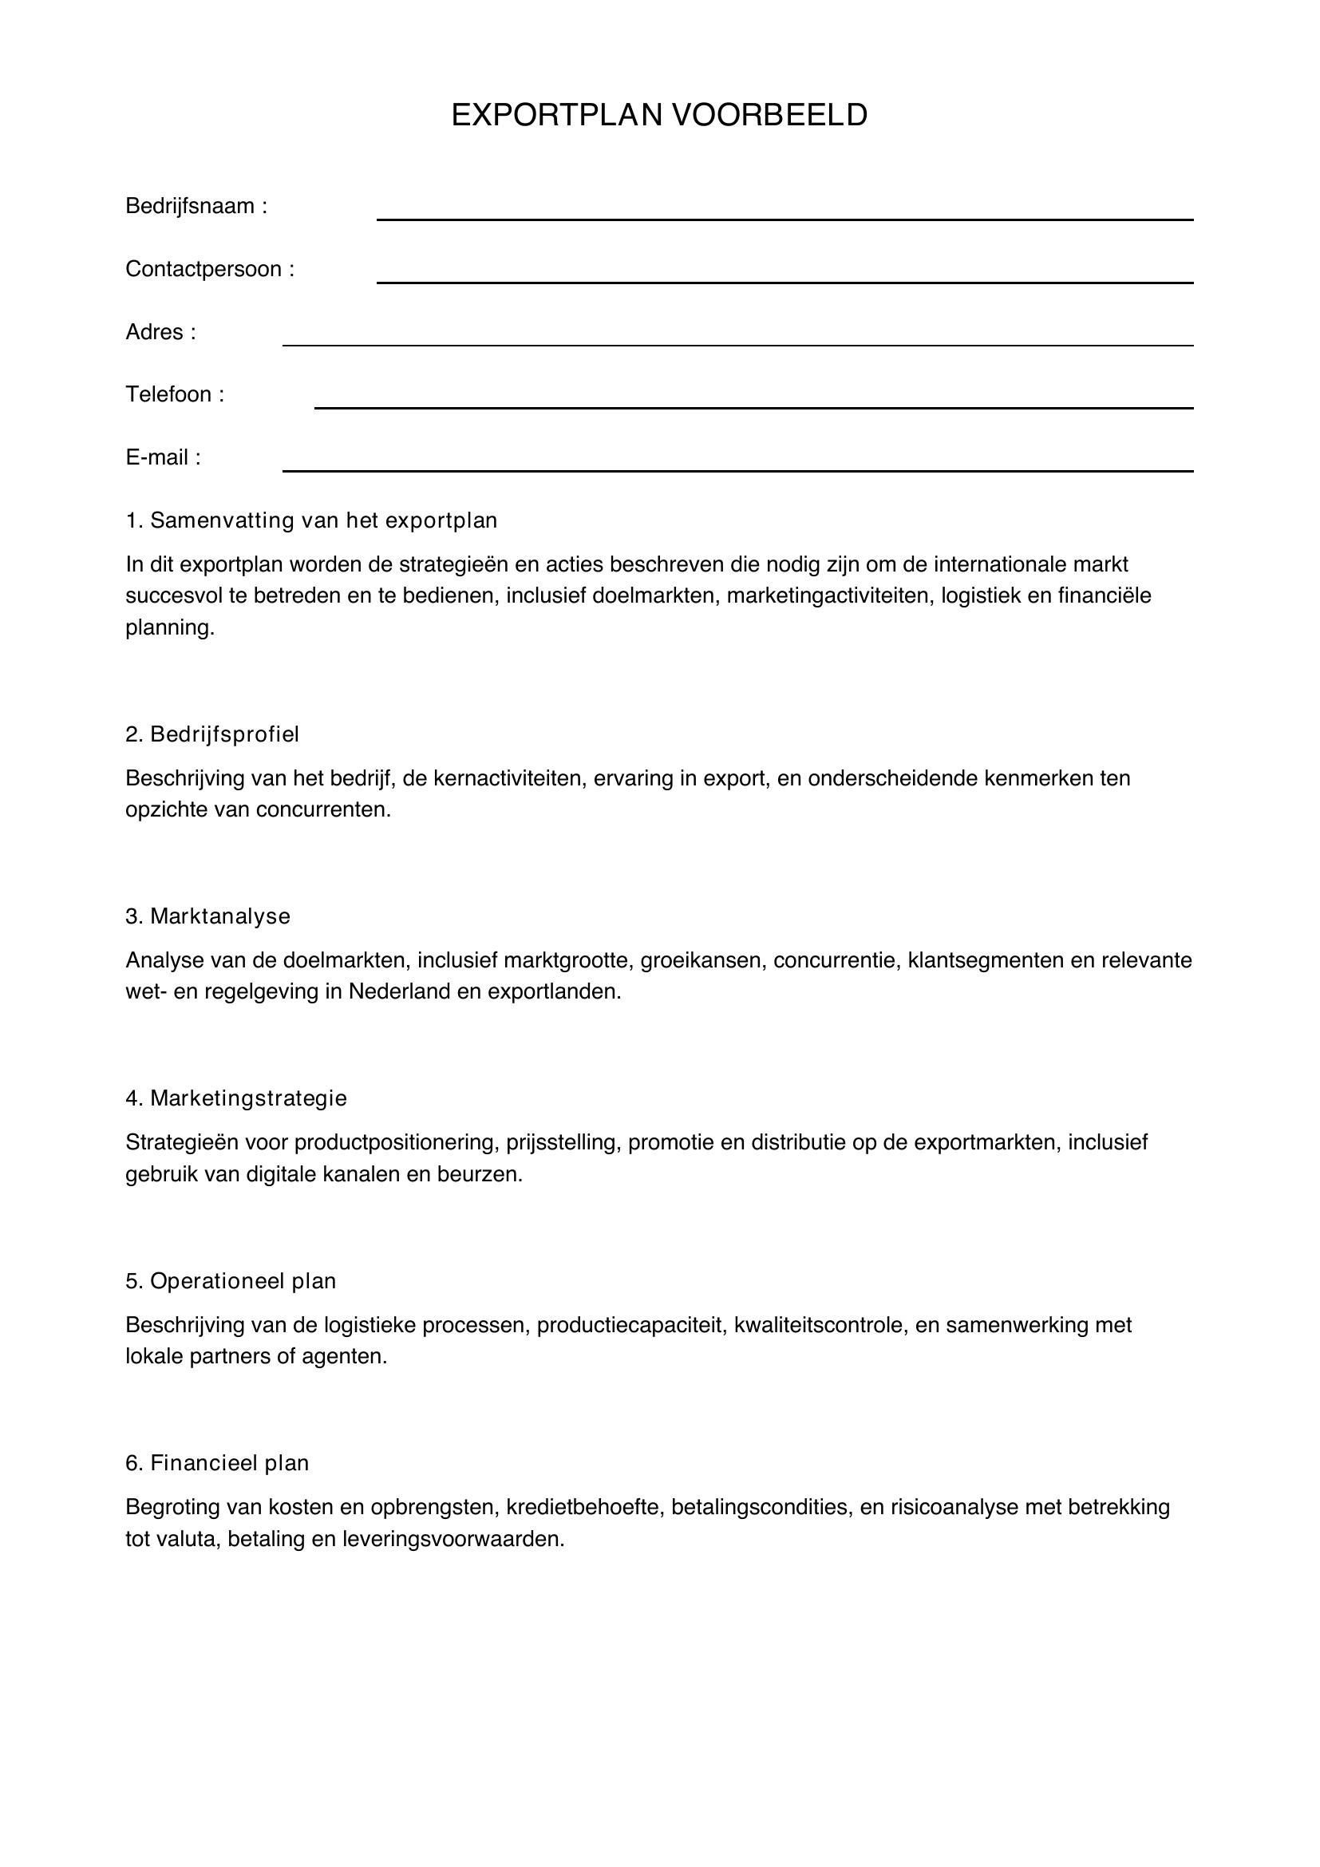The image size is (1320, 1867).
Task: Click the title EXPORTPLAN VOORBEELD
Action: [659, 116]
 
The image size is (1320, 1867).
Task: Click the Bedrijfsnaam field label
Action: [196, 207]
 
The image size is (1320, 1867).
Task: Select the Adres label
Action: [160, 332]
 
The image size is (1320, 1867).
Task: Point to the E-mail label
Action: [163, 457]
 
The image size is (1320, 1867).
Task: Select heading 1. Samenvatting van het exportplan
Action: [311, 520]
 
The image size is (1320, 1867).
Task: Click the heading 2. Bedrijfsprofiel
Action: [212, 734]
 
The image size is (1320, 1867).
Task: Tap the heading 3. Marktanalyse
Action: [207, 916]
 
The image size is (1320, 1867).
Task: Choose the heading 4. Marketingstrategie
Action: [235, 1098]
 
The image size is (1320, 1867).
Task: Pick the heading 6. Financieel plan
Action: [217, 1464]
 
